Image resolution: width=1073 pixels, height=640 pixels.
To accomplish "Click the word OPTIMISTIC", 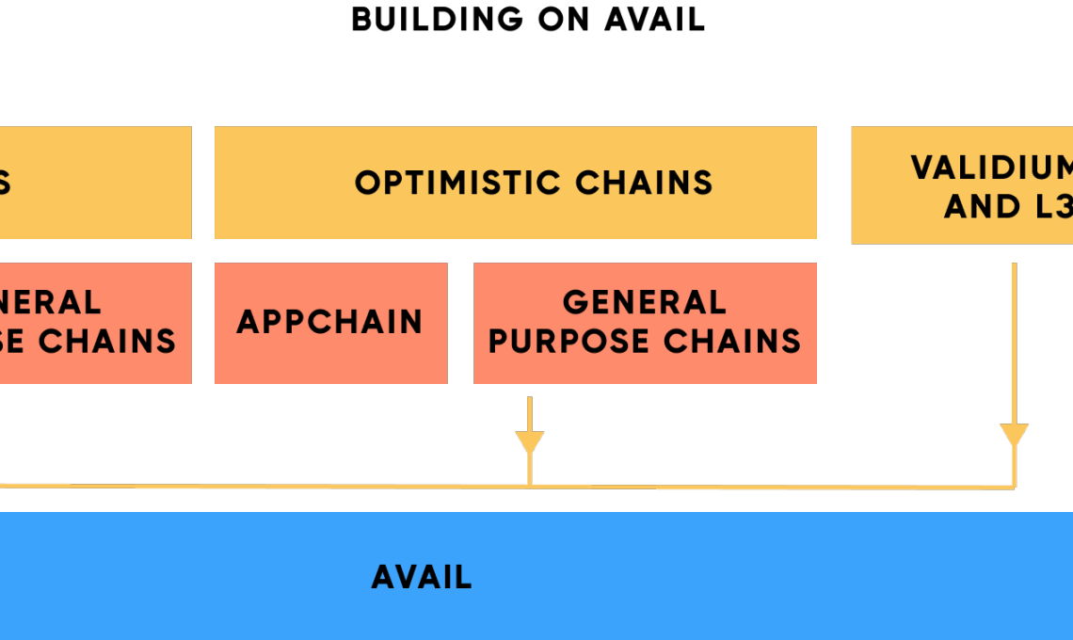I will pyautogui.click(x=457, y=182).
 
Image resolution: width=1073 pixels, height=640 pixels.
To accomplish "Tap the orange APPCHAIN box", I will pyautogui.click(x=330, y=323).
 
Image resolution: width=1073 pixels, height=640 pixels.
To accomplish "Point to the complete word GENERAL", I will pyautogui.click(x=645, y=302).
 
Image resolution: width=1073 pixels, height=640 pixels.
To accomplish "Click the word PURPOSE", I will pyautogui.click(x=566, y=341).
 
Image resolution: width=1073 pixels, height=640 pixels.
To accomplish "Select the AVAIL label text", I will pyautogui.click(x=422, y=577).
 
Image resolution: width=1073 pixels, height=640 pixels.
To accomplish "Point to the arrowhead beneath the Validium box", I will pyautogui.click(x=1014, y=436).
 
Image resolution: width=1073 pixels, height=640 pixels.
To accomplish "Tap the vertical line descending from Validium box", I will pyautogui.click(x=1014, y=339).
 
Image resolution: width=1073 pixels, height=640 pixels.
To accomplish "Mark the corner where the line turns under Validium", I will pyautogui.click(x=1014, y=488).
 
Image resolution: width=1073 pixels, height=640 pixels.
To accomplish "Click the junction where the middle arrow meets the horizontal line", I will pyautogui.click(x=530, y=486).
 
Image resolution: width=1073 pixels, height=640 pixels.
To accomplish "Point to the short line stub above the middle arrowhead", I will pyautogui.click(x=530, y=412).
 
